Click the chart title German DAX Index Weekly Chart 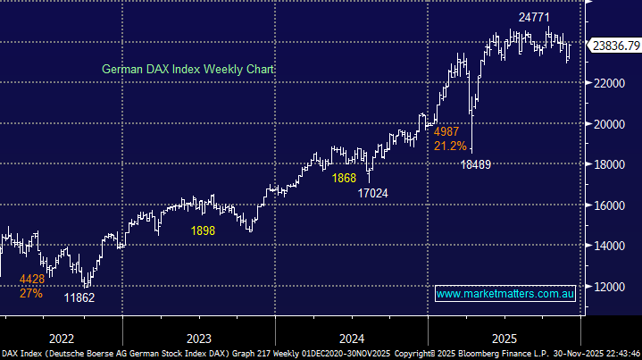pos(188,69)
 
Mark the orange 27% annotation pos(31,293)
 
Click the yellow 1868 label pos(344,178)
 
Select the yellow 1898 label pos(202,231)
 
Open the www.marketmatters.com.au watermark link pos(505,294)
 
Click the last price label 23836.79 pos(615,44)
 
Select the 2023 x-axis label pos(199,338)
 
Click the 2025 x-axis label pos(504,338)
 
